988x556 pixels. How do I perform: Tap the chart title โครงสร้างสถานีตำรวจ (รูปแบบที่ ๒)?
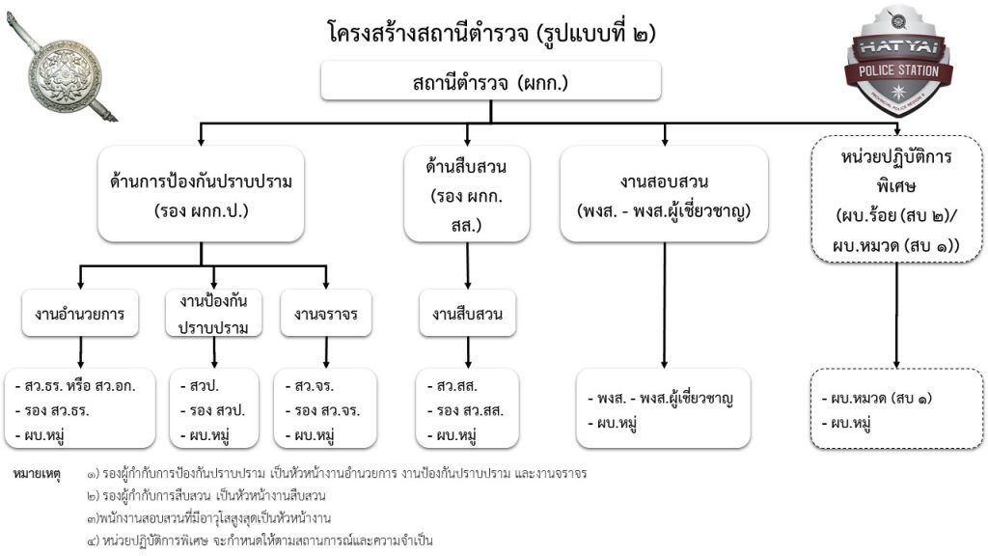[492, 32]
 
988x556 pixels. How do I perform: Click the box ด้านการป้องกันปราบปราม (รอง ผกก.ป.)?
[202, 193]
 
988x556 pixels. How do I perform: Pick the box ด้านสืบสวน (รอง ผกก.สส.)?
[467, 193]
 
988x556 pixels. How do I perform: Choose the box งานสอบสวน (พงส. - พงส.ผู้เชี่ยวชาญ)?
[665, 193]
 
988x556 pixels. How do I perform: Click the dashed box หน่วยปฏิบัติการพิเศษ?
[897, 198]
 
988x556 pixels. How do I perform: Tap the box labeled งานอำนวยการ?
[81, 313]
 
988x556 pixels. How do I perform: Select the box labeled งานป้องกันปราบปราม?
[213, 313]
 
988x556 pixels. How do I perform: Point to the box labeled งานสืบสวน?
[467, 313]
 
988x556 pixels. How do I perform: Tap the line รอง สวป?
[211, 410]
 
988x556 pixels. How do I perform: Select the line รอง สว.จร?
[322, 410]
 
